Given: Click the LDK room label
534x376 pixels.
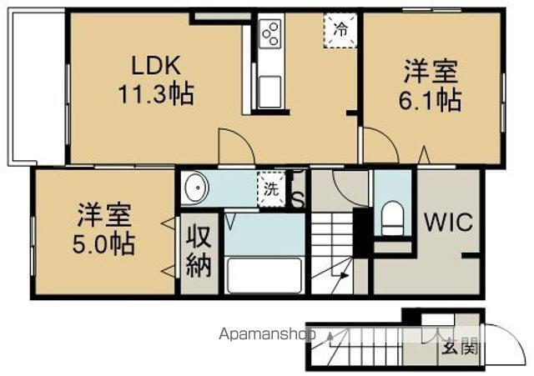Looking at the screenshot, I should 154,65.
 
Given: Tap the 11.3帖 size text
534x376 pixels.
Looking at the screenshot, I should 155,93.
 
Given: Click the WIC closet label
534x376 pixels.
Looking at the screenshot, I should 448,223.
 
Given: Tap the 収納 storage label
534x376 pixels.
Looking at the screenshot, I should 200,251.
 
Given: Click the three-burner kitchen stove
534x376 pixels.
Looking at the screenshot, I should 270,33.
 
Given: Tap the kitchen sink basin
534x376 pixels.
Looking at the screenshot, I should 270,90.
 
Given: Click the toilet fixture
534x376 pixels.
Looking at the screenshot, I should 391,218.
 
